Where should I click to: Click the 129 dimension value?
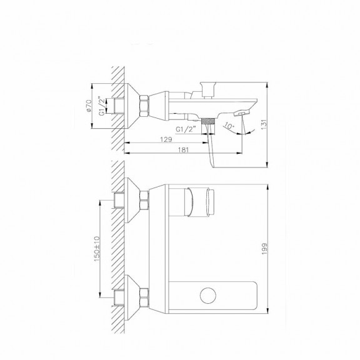pyautogui.click(x=166, y=139)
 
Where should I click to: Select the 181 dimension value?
pyautogui.click(x=183, y=150)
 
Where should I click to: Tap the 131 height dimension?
pyautogui.click(x=264, y=124)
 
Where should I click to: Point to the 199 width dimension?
pyautogui.click(x=264, y=249)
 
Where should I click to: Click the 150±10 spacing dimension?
pyautogui.click(x=97, y=248)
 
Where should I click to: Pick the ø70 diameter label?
pyautogui.click(x=89, y=106)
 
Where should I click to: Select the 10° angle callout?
pyautogui.click(x=229, y=126)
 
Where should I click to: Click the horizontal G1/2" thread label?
pyautogui.click(x=186, y=129)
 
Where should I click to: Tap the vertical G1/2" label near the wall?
pyautogui.click(x=102, y=106)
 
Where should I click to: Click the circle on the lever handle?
pyautogui.click(x=208, y=296)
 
